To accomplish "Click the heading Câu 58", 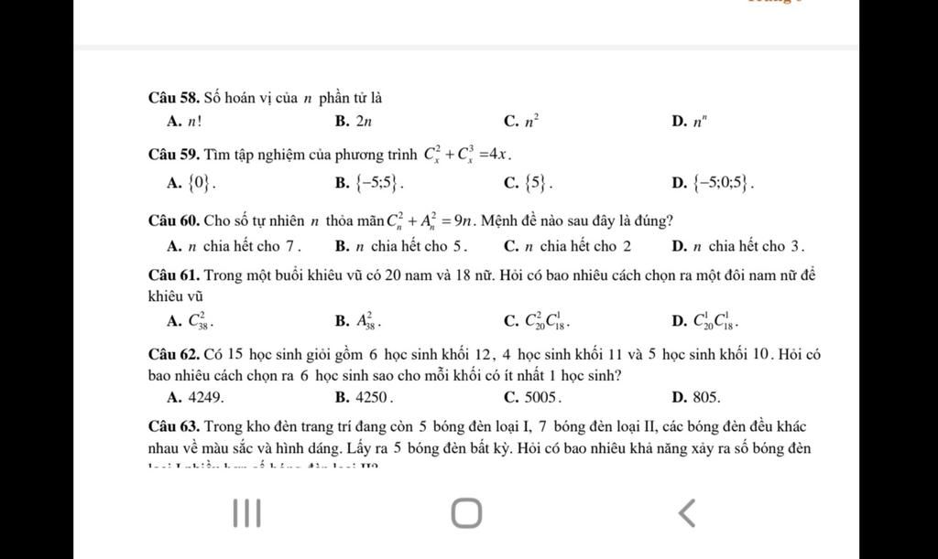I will point(174,97).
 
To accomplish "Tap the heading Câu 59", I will point(174,153).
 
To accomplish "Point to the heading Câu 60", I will point(174,220).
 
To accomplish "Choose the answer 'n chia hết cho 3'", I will point(738,246).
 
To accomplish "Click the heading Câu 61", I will point(174,275).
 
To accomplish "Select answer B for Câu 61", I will point(358,320).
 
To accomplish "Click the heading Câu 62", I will point(174,354).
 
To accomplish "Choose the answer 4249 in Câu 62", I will point(196,397).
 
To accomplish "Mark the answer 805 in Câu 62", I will point(695,397).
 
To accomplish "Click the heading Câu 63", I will point(174,426).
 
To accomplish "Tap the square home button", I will point(466,512).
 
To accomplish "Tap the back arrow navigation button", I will point(686,512).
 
